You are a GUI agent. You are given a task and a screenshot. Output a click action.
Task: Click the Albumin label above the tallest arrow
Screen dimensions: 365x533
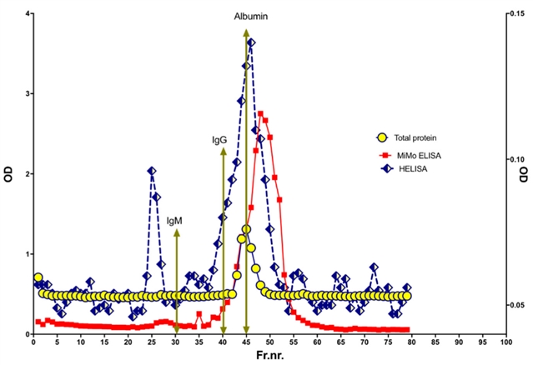tap(251, 16)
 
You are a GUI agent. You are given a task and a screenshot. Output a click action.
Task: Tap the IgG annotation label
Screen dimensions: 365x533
tap(219, 141)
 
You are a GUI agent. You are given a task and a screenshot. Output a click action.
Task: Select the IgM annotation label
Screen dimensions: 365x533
tap(175, 221)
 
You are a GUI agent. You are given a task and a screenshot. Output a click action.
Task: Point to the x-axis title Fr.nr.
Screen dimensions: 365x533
tap(269, 355)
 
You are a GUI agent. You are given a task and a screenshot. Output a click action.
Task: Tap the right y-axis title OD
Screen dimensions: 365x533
tap(525, 176)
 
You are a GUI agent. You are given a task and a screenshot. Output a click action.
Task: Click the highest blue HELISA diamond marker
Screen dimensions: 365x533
tap(251, 42)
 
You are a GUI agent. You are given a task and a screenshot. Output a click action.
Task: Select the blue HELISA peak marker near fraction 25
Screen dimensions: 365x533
tap(152, 171)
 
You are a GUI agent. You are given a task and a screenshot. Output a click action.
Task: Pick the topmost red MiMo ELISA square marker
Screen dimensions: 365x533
tap(260, 114)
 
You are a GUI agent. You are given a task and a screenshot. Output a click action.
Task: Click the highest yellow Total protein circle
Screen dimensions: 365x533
tap(246, 229)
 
